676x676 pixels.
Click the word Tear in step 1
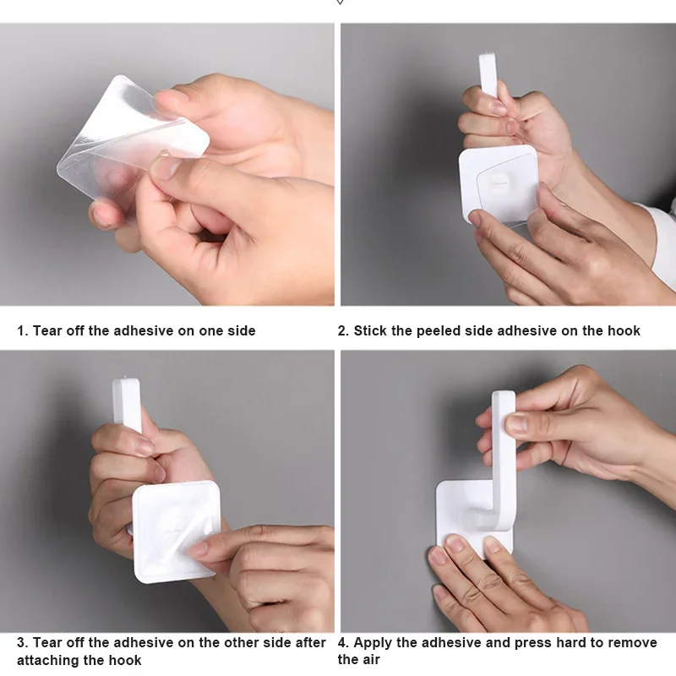coord(47,330)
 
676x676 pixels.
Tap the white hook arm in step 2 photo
coord(489,75)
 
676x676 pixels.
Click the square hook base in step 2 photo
coord(498,185)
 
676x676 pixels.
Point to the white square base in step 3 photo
coord(176,532)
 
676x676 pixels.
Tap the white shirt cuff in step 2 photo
coord(662,242)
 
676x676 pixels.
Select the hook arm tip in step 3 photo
coord(126,384)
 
